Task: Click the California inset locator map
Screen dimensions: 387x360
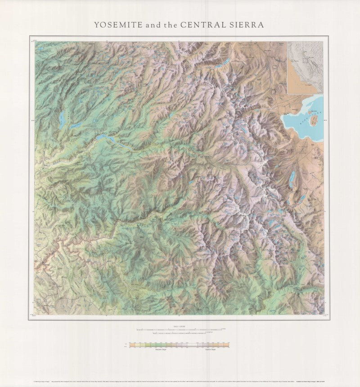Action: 306,67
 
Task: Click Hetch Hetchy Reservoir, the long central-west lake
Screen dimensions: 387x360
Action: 108,137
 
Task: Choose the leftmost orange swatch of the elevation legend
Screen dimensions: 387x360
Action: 131,345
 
